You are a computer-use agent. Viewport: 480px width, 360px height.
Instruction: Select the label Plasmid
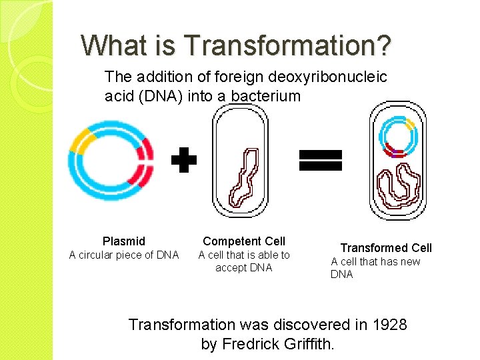(124, 241)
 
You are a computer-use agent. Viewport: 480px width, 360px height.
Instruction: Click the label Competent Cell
(244, 241)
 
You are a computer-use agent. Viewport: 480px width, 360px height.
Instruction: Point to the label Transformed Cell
(386, 247)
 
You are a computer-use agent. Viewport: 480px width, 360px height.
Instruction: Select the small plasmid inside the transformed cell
(399, 136)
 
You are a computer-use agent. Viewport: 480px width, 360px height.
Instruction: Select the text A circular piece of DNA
(124, 255)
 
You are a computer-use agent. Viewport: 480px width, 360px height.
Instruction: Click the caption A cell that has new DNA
(375, 267)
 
